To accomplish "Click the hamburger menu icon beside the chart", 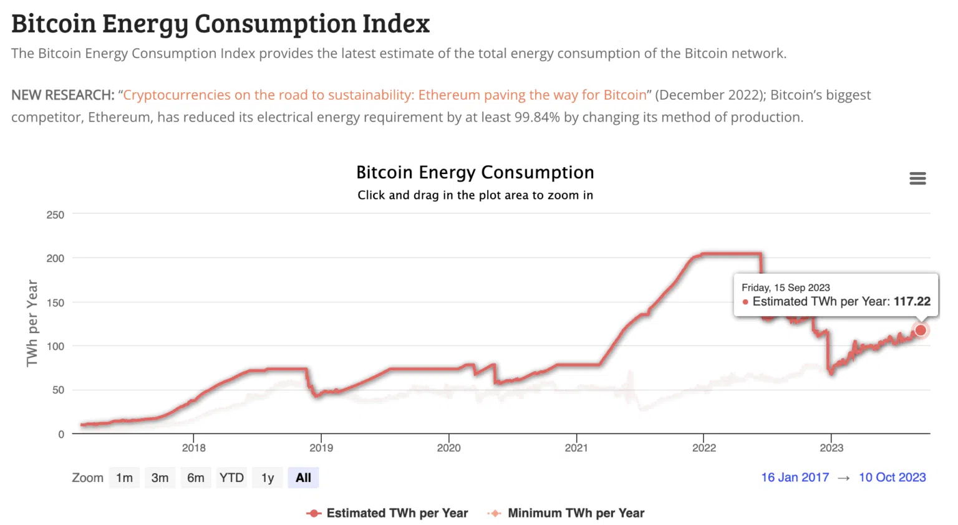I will click(x=917, y=178).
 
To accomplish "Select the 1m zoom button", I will click(x=124, y=478).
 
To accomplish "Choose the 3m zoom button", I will click(x=160, y=478).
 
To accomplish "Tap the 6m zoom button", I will click(x=196, y=478).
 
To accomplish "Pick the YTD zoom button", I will click(x=231, y=478).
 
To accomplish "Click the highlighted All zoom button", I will click(x=303, y=478).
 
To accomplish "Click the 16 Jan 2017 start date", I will click(x=795, y=477).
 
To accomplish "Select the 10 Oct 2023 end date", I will click(x=892, y=477).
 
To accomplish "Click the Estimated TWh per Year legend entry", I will click(x=397, y=513).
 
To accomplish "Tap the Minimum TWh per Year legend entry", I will click(x=575, y=513).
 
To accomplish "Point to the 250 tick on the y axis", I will click(x=56, y=214).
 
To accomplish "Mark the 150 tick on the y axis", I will click(x=56, y=302).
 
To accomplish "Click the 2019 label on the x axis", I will click(x=321, y=448).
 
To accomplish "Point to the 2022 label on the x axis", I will click(x=704, y=448).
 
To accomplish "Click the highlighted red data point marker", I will click(x=921, y=330).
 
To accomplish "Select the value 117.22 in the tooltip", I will click(x=912, y=302).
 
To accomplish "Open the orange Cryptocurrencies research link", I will click(x=385, y=95).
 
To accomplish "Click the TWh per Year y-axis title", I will click(x=32, y=323).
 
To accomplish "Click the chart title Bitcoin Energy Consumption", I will click(x=475, y=172).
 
